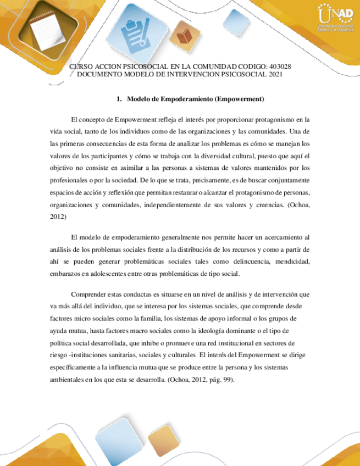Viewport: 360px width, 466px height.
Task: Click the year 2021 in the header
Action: point(273,74)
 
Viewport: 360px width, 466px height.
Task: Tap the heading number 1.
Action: point(119,99)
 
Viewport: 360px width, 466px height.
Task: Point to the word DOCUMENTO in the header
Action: point(101,74)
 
